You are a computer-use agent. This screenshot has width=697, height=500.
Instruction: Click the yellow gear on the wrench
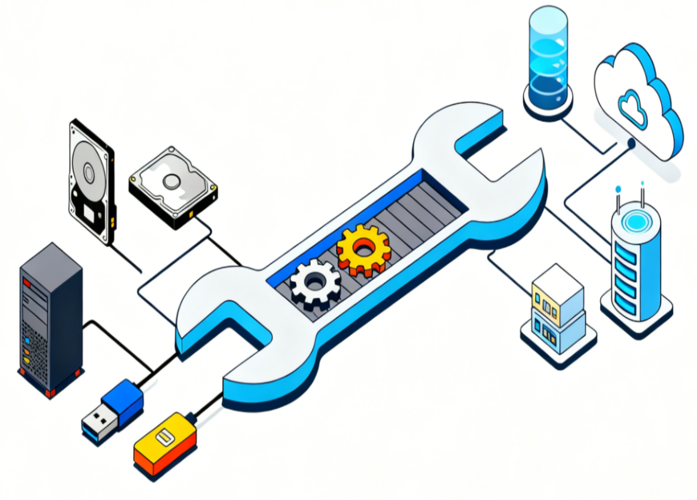(364, 250)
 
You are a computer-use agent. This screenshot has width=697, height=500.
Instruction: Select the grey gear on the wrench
(315, 283)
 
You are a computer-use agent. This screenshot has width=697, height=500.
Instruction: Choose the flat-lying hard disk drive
(173, 186)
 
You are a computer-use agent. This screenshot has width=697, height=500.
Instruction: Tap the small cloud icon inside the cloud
(633, 107)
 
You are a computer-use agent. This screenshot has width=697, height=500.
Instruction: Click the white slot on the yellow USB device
(164, 438)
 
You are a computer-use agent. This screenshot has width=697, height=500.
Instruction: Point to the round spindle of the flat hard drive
(171, 180)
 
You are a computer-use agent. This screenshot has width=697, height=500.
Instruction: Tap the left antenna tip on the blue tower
(618, 190)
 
